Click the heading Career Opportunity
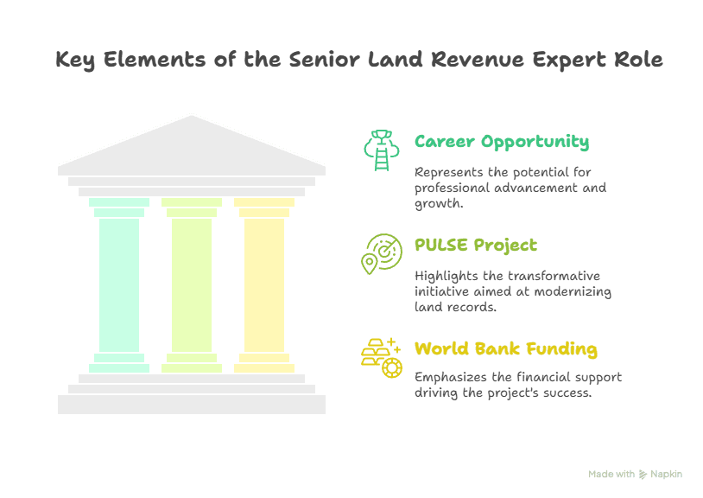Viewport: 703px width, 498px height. pyautogui.click(x=502, y=142)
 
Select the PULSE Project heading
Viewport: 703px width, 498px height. pyautogui.click(x=475, y=245)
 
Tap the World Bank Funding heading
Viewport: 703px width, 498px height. pyautogui.click(x=505, y=349)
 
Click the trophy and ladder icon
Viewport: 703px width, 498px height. pyautogui.click(x=381, y=150)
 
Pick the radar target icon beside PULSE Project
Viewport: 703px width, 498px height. pyautogui.click(x=381, y=253)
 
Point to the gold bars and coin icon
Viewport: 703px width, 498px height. pyautogui.click(x=381, y=356)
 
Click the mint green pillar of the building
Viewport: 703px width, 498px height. pyautogui.click(x=119, y=285)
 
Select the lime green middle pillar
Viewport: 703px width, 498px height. pyautogui.click(x=192, y=285)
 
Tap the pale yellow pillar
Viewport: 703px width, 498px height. pyautogui.click(x=264, y=285)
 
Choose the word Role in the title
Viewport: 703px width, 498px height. pyautogui.click(x=638, y=61)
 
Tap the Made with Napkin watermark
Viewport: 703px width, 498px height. pyautogui.click(x=635, y=474)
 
